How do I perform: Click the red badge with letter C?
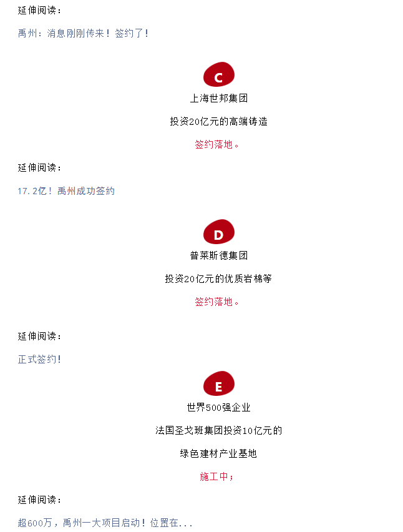coord(218,74)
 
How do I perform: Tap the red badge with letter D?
coord(218,232)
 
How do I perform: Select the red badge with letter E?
coord(218,383)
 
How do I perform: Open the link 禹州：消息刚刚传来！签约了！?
coord(83,33)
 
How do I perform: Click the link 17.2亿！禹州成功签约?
coord(66,191)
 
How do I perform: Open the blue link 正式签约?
coord(39,359)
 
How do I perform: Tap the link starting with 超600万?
coord(105,523)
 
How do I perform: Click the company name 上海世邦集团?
coord(218,98)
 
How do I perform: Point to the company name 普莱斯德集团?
coord(218,255)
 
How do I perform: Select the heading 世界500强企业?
coord(218,407)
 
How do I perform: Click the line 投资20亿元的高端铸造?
coord(218,121)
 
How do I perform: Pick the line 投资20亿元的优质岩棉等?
coord(218,278)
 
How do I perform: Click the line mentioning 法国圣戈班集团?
coord(218,430)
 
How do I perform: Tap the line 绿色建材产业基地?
coord(218,453)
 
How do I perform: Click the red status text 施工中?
coord(214,476)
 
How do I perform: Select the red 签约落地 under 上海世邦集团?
coord(214,144)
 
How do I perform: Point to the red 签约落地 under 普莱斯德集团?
coord(214,302)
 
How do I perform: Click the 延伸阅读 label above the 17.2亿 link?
coord(37,167)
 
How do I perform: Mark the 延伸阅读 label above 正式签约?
coord(37,336)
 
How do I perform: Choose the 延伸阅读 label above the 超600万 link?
coord(37,500)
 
